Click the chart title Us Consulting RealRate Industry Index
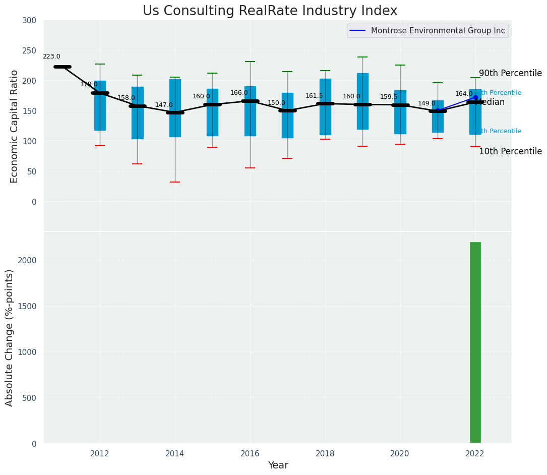coord(270,11)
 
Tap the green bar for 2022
coord(475,342)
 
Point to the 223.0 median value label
coord(51,57)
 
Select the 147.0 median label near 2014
coord(164,105)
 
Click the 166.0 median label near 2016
coord(239,93)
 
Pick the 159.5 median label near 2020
coord(389,97)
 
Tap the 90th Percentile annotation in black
coord(510,74)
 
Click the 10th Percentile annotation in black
coord(510,152)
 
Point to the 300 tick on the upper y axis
coord(30,21)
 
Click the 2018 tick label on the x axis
coord(325,453)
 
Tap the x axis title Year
coord(278,465)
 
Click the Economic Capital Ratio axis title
coord(15,126)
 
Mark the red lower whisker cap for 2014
coord(175,182)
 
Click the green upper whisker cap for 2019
coord(362,57)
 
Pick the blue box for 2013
coord(138,113)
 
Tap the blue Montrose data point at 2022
coord(475,97)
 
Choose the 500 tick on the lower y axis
coord(30,398)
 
